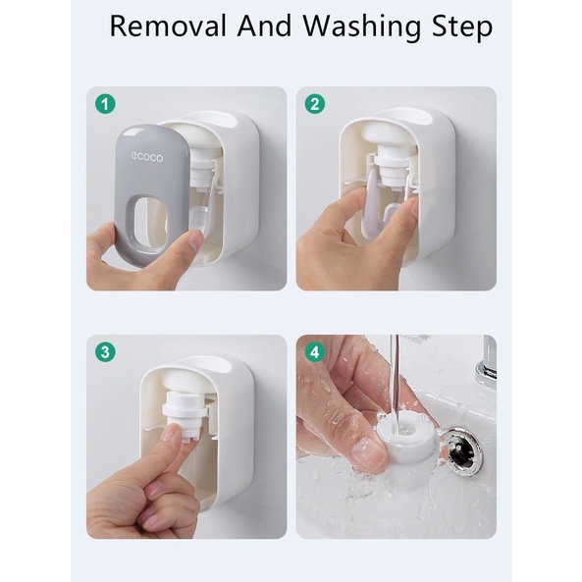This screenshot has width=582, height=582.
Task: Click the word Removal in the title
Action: pyautogui.click(x=168, y=26)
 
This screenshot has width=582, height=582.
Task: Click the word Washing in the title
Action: pyautogui.click(x=362, y=27)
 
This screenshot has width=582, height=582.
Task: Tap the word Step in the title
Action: pyautogui.click(x=462, y=27)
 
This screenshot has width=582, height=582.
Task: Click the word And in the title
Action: pyautogui.click(x=265, y=26)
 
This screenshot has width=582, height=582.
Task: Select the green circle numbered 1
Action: pyautogui.click(x=105, y=104)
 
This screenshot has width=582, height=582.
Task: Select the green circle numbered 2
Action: pyautogui.click(x=315, y=104)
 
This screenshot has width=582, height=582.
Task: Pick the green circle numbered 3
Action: pyautogui.click(x=105, y=352)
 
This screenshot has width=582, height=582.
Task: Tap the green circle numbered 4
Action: pyautogui.click(x=315, y=352)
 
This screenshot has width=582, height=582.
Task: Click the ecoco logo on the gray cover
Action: pyautogui.click(x=147, y=157)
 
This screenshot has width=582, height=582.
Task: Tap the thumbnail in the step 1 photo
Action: pyautogui.click(x=194, y=240)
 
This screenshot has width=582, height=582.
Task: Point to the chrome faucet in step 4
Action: pyautogui.click(x=486, y=364)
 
